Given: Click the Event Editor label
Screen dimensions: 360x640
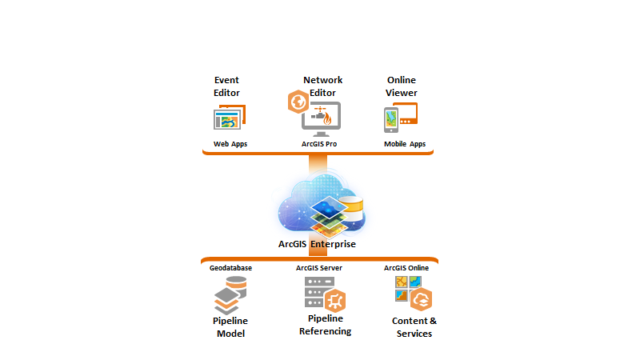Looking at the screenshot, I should click(x=226, y=86).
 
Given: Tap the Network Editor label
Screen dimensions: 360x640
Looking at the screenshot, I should click(x=322, y=86).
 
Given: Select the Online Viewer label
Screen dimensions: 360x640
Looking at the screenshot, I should click(x=402, y=86).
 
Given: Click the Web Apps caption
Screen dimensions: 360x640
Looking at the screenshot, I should click(x=230, y=144).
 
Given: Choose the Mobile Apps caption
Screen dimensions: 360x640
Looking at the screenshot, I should click(x=405, y=144).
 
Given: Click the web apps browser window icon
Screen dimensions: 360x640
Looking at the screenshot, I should click(x=227, y=119).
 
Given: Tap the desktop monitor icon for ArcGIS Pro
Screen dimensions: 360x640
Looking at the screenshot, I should click(x=322, y=119).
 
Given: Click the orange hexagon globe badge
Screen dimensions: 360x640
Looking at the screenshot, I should click(x=298, y=102).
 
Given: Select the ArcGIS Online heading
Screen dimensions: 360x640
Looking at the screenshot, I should click(x=406, y=268).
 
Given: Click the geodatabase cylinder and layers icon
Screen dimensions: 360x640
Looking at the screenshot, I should click(x=230, y=296).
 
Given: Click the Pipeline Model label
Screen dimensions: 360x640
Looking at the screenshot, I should click(x=230, y=327).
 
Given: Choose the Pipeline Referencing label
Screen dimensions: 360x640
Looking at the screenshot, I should click(x=325, y=325).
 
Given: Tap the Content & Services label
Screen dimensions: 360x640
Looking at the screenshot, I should click(x=414, y=327).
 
